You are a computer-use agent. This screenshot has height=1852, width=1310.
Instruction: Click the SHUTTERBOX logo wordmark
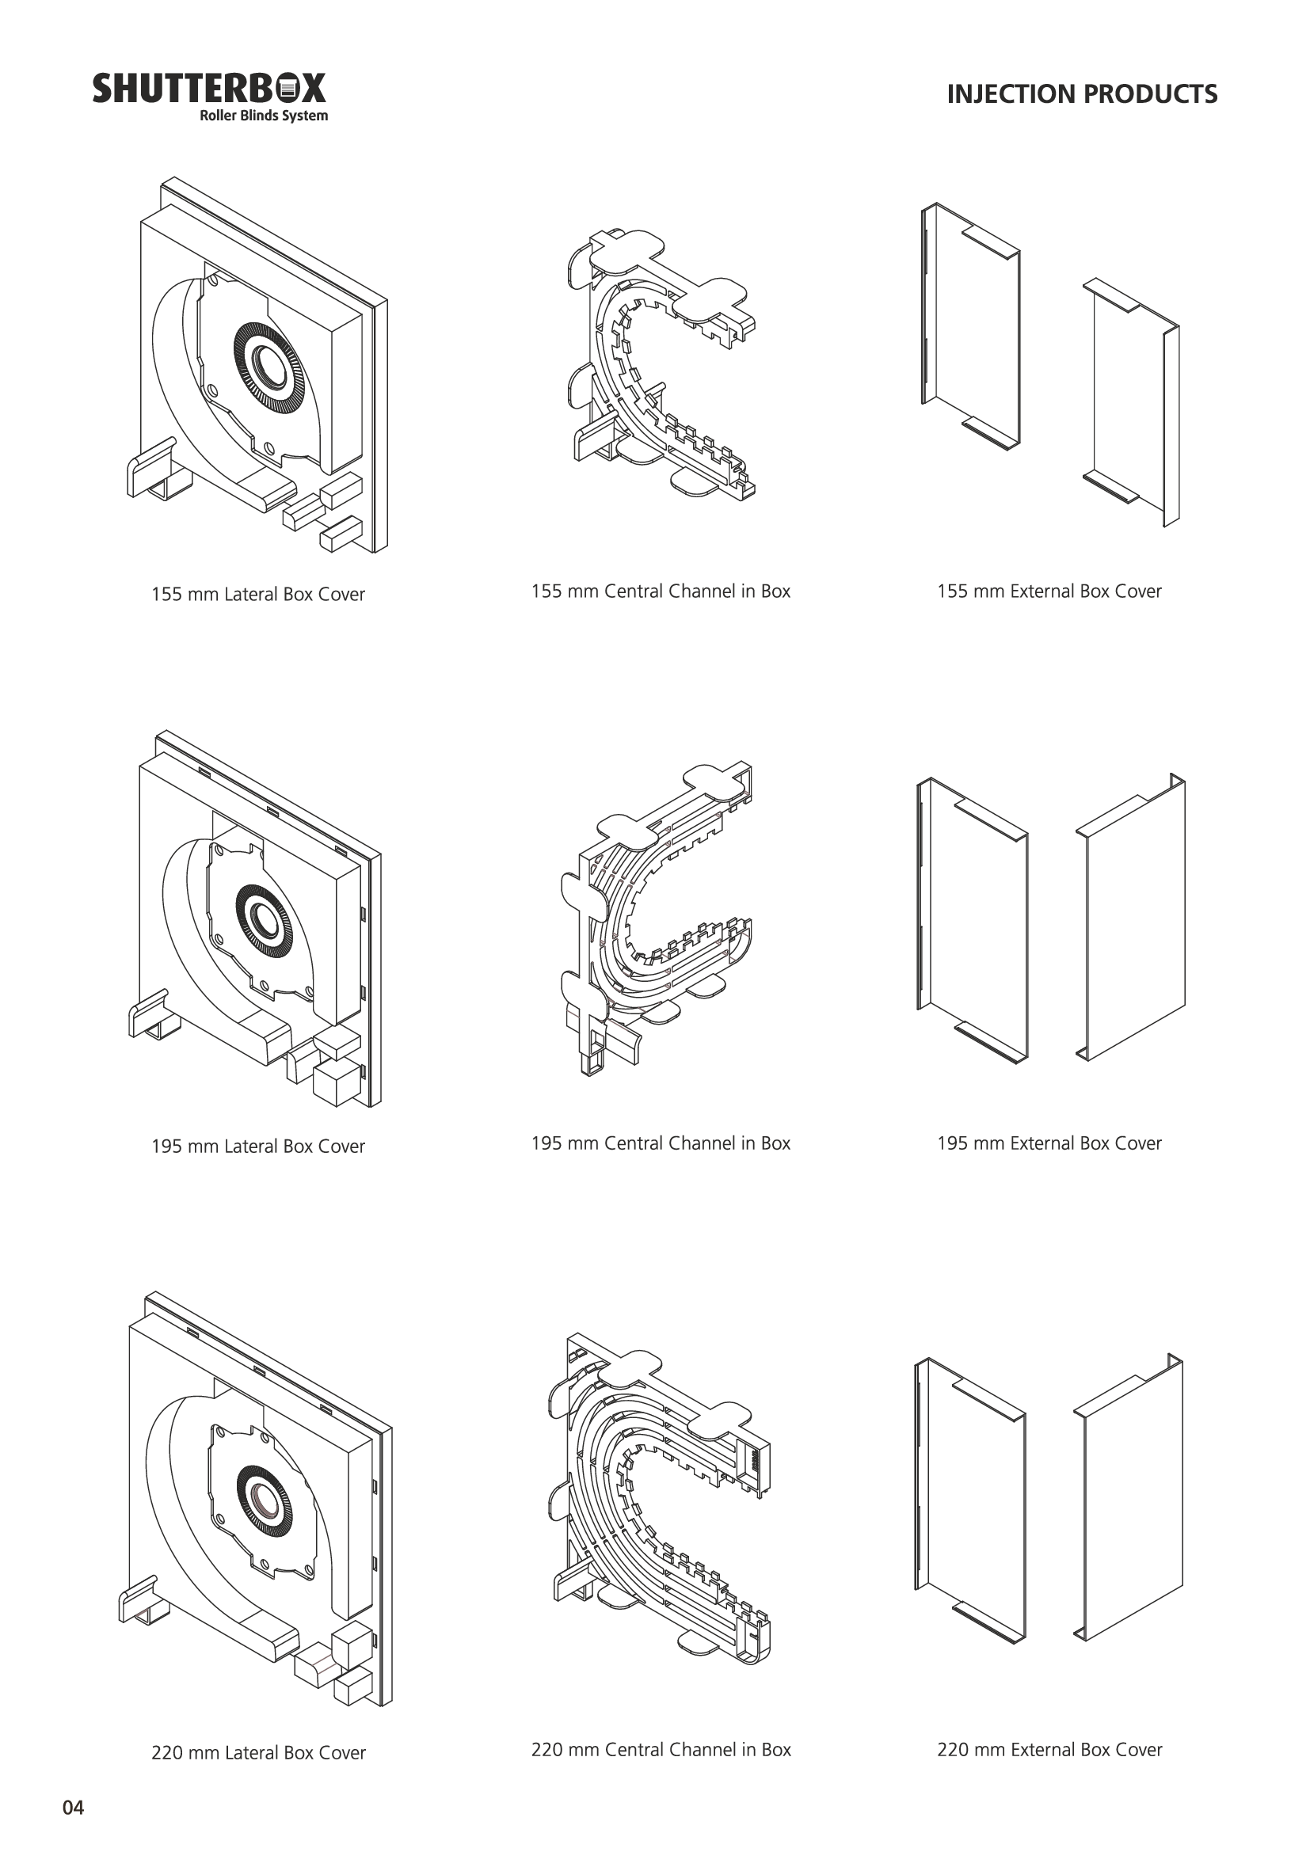point(209,88)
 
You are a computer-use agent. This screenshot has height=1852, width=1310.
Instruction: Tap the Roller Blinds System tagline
point(264,116)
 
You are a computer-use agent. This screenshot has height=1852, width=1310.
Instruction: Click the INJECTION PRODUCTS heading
point(1082,94)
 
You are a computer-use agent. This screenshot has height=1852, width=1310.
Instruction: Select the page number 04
point(74,1808)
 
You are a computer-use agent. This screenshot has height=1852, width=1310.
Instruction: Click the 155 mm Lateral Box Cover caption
point(258,595)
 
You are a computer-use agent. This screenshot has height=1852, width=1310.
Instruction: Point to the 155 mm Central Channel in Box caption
point(661,591)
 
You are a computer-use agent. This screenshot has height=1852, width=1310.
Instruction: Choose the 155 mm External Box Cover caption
point(1049,591)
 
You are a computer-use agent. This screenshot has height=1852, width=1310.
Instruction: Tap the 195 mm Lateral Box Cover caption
point(258,1147)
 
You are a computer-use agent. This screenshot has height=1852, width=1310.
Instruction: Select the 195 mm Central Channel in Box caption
point(661,1143)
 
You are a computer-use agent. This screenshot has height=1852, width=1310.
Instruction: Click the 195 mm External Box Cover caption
point(1049,1143)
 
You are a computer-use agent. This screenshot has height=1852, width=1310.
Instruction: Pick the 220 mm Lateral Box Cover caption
point(258,1753)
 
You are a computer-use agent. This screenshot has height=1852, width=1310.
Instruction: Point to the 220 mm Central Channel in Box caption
point(661,1750)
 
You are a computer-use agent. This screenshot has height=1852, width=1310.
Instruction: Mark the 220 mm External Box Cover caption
point(1049,1750)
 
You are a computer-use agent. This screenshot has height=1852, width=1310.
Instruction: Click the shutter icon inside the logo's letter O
point(289,88)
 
